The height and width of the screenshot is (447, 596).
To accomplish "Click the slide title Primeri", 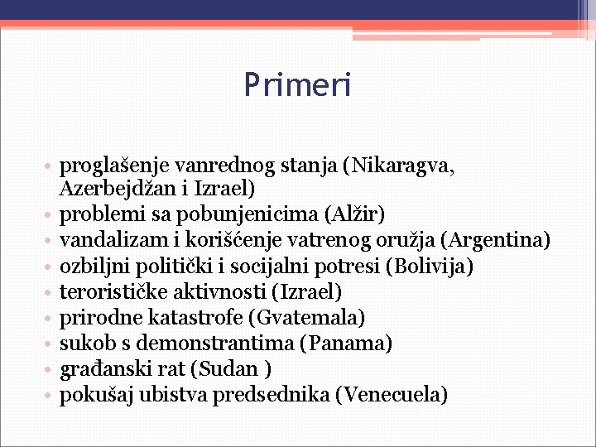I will coord(297,84).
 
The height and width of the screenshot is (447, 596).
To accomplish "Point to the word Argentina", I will coord(496,241).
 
